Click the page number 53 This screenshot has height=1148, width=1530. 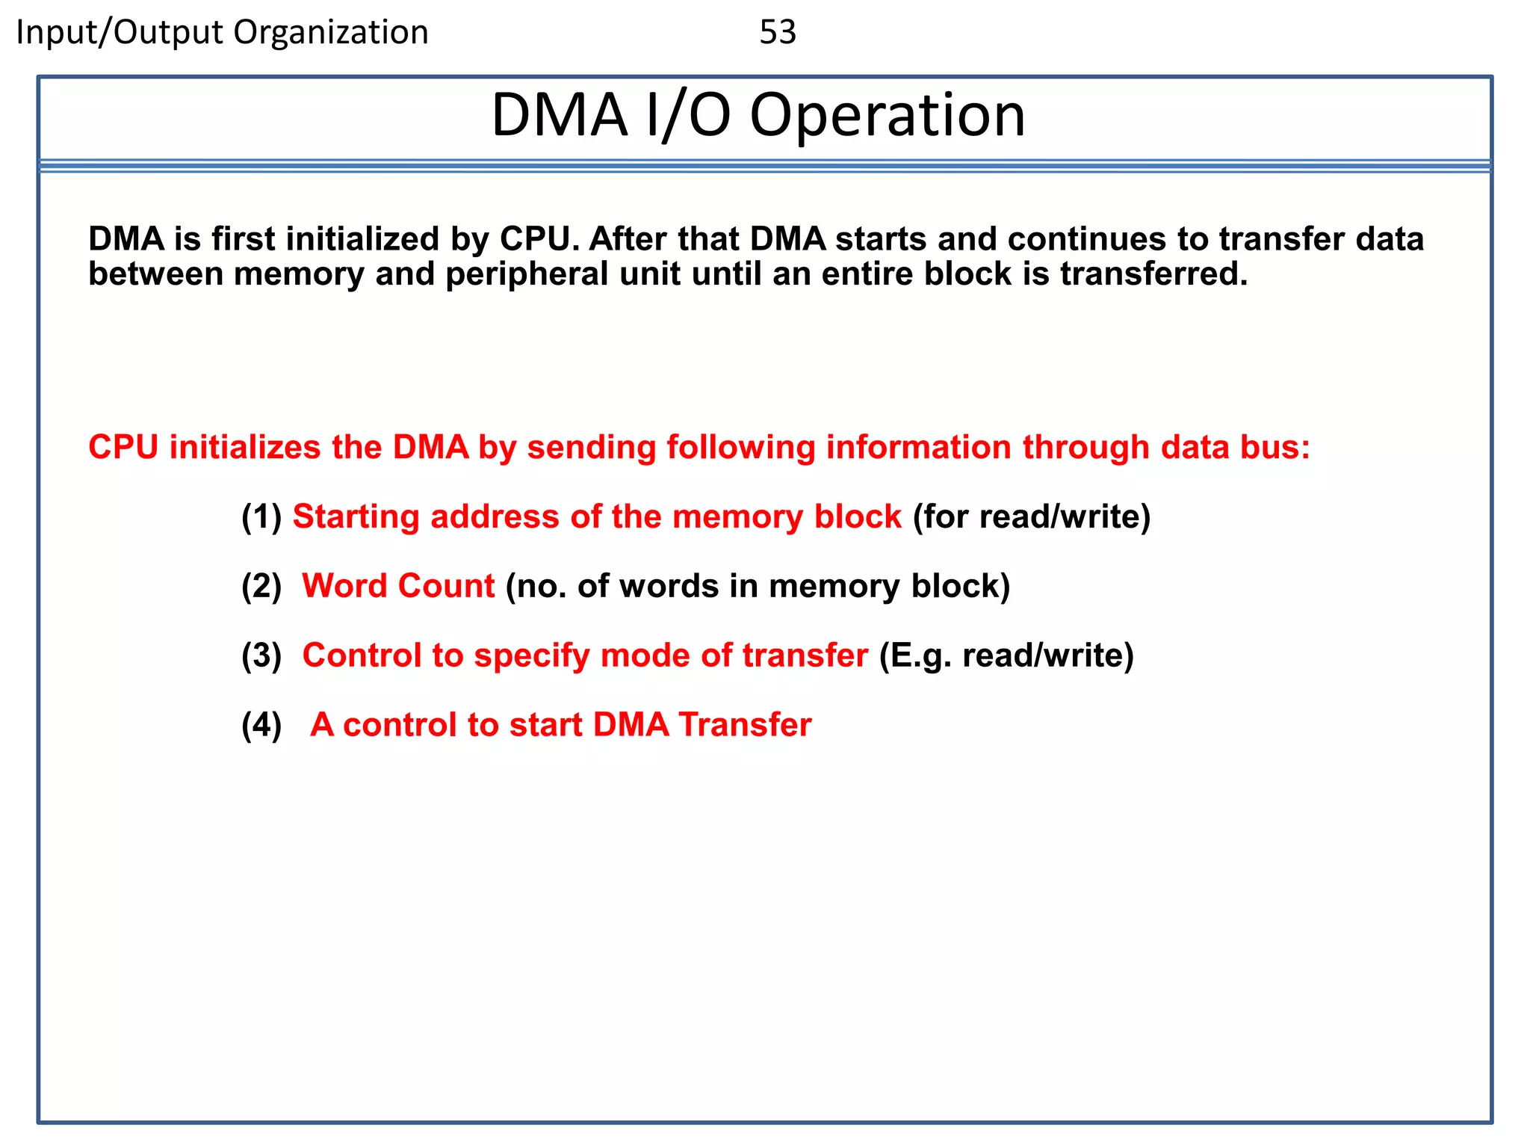(x=777, y=32)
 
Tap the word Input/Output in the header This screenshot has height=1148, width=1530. (x=119, y=33)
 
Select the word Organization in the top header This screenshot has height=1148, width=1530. (x=330, y=33)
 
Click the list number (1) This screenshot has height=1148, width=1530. (x=261, y=516)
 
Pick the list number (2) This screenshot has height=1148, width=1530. (x=261, y=586)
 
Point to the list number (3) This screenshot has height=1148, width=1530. (x=261, y=655)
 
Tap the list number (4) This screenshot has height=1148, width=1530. (x=261, y=725)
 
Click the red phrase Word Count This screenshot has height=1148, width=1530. (x=398, y=586)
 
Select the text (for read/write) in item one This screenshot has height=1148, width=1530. (x=1031, y=516)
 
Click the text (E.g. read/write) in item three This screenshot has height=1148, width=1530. (x=1006, y=655)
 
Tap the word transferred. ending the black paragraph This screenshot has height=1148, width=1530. (x=1153, y=274)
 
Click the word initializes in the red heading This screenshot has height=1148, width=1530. (x=246, y=447)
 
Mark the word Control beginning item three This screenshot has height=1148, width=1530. (x=362, y=655)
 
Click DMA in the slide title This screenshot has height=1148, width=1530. (x=559, y=116)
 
